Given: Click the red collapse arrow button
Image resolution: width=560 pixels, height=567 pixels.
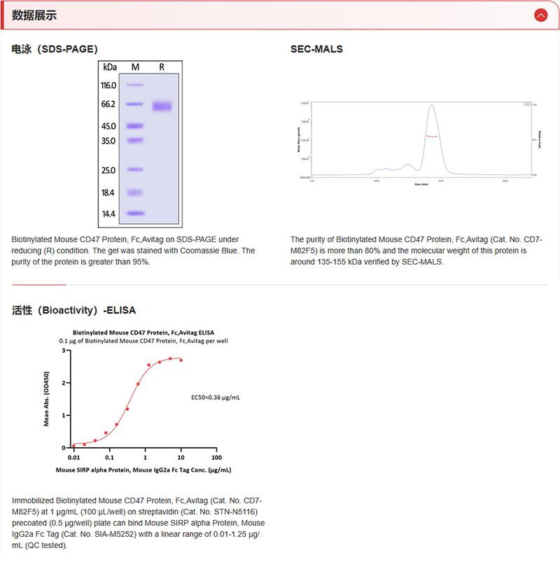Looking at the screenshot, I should click(x=540, y=15).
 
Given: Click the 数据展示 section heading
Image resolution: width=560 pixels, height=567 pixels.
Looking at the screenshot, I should click(x=34, y=15).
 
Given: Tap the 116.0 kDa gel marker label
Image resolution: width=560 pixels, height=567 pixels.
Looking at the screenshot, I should click(x=108, y=85).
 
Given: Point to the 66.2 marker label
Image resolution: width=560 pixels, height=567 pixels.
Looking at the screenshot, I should click(x=108, y=104).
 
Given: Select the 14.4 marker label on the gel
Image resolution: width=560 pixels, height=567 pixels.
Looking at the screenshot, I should click(x=108, y=213).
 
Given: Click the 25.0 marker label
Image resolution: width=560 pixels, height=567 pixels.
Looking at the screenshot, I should click(x=108, y=170).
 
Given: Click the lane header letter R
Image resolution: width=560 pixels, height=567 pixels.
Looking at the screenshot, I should click(x=162, y=67).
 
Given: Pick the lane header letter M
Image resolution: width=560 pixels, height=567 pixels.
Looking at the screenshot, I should click(x=135, y=67).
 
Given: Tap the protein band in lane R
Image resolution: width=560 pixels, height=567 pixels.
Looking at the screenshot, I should click(x=162, y=106).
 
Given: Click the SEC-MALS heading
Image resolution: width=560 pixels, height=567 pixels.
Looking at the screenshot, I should click(x=316, y=49).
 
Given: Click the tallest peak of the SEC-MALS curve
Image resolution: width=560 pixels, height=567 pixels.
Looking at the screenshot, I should click(x=432, y=106).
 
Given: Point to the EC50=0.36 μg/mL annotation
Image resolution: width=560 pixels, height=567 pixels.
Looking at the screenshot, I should click(x=216, y=397).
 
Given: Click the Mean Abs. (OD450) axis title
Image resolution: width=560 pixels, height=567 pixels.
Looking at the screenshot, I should click(x=47, y=398).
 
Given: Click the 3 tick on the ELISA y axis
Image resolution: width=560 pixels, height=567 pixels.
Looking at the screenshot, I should click(x=65, y=351).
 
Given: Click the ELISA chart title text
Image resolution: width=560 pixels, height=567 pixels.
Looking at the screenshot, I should click(x=143, y=332).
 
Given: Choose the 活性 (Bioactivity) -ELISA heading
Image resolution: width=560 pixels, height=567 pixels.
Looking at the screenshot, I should click(x=73, y=310).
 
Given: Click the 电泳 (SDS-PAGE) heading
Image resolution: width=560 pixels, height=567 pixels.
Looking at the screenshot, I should click(x=55, y=49).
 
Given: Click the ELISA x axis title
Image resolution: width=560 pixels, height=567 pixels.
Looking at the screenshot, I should click(x=143, y=470).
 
